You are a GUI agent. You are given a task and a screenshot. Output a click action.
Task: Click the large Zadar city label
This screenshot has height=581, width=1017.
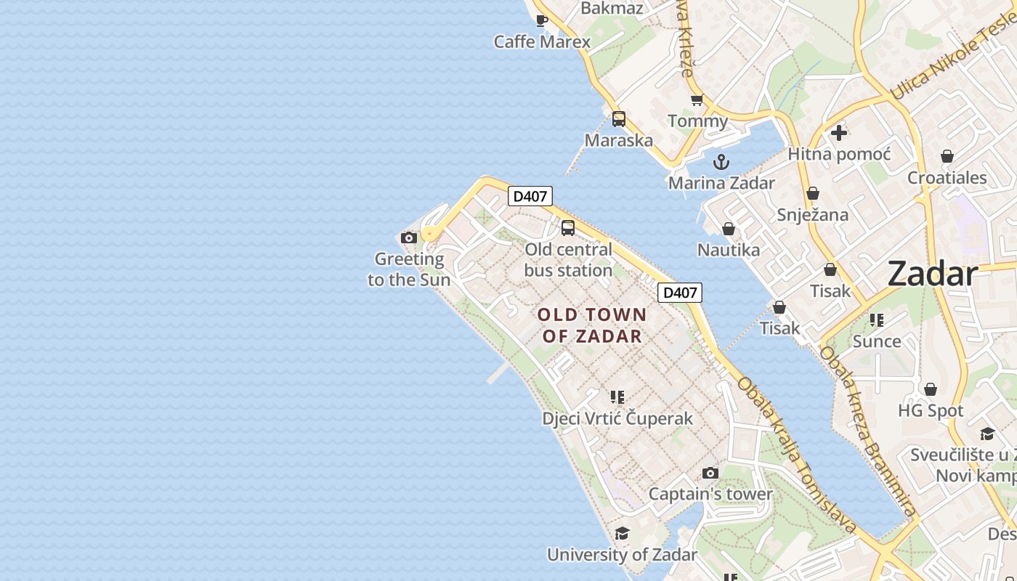click(x=933, y=275)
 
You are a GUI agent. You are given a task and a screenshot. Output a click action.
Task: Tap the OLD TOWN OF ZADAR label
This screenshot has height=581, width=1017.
click(x=592, y=325)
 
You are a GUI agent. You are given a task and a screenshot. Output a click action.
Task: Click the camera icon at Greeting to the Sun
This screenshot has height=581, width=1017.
click(x=409, y=237)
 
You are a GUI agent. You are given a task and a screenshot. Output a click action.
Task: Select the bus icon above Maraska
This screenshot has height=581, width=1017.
click(x=619, y=119)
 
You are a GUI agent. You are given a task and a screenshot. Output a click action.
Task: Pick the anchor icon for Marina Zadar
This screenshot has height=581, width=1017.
click(x=721, y=162)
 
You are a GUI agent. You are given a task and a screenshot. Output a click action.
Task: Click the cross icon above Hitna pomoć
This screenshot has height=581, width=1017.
click(x=839, y=133)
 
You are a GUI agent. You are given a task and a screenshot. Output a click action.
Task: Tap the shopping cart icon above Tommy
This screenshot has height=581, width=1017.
click(x=697, y=99)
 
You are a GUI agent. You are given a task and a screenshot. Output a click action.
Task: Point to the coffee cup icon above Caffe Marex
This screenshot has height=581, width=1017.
click(x=542, y=20)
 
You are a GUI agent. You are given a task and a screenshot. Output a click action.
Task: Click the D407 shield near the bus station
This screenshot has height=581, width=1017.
click(x=530, y=196)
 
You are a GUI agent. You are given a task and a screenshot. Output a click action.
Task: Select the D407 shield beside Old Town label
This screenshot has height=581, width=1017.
click(x=680, y=293)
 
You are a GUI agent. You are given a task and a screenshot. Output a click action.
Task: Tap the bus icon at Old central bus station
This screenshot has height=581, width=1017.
click(x=568, y=228)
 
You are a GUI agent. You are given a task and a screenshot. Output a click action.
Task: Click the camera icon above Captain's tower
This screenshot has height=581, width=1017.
click(x=710, y=474)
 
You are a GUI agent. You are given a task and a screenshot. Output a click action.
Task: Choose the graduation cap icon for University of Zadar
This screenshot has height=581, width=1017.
click(x=622, y=534)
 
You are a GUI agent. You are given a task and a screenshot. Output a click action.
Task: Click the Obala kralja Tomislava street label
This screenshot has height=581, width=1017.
click(x=796, y=454)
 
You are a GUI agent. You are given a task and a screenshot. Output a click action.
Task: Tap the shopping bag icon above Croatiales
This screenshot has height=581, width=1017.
click(x=947, y=157)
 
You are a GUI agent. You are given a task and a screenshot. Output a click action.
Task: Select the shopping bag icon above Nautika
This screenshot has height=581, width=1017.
click(x=729, y=229)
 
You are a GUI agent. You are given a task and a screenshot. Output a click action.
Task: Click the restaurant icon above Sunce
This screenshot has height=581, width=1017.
click(x=877, y=320)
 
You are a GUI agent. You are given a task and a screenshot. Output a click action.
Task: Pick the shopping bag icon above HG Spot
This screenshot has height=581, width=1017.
click(x=931, y=390)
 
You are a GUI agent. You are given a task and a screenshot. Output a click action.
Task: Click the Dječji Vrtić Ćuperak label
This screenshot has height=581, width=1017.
click(x=617, y=419)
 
